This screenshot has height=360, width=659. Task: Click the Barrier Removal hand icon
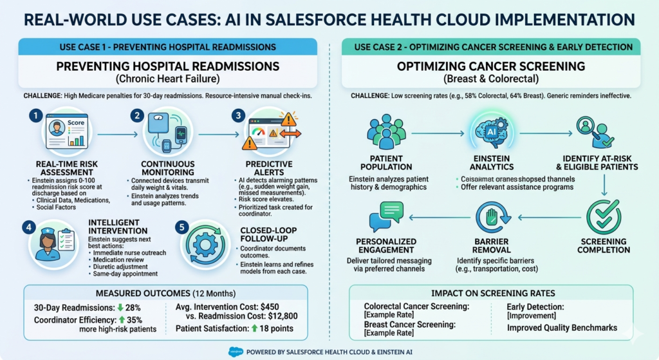click(494, 218)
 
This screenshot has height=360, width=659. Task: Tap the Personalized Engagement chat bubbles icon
click(386, 216)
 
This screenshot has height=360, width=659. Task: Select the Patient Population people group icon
click(386, 132)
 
